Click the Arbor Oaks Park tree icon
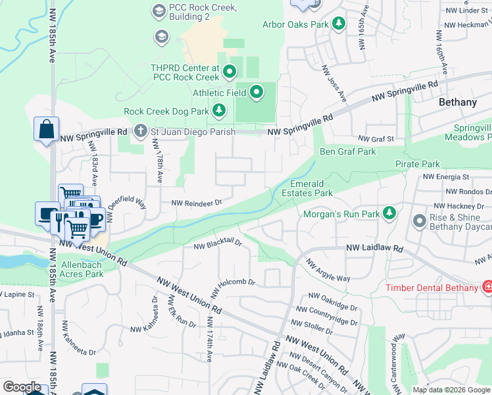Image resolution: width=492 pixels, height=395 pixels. (x=338, y=24)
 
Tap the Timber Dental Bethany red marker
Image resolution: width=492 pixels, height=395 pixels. (x=487, y=287)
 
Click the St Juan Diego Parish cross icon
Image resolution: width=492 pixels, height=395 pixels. (x=140, y=132)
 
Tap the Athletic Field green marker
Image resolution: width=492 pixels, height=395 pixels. (x=256, y=93)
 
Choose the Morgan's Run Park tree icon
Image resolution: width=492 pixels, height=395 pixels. (x=389, y=213)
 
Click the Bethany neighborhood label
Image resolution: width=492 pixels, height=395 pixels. (x=458, y=102)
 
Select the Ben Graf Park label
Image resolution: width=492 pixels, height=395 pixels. (x=347, y=151)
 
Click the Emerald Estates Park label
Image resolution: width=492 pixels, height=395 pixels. (x=311, y=188)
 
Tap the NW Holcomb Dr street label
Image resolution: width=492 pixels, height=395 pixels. (x=232, y=284)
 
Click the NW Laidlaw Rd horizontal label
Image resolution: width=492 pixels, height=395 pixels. (x=374, y=250)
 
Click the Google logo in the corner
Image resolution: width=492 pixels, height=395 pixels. (x=22, y=387)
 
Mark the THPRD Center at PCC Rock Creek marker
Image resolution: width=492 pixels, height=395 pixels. (x=230, y=70)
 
